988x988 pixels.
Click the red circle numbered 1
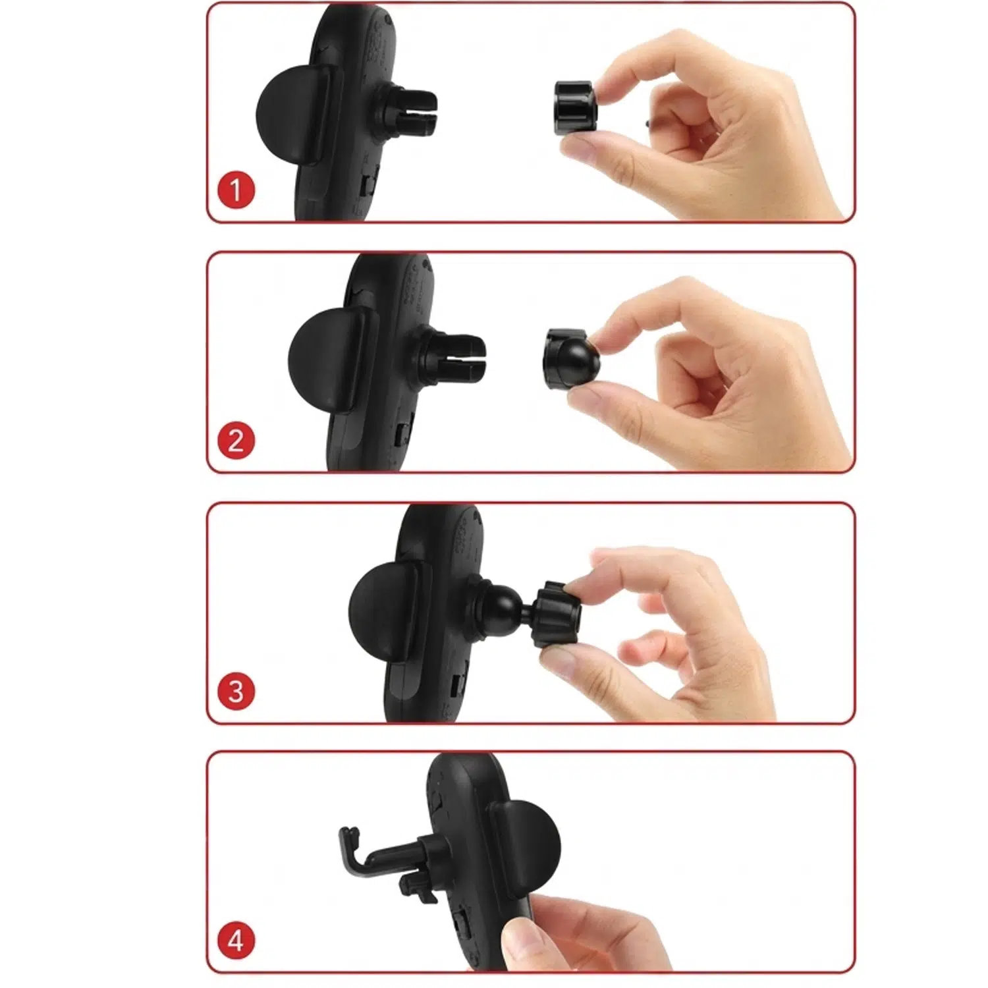tap(236, 190)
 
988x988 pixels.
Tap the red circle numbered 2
tap(236, 441)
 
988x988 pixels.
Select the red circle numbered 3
tap(236, 691)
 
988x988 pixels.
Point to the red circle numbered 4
tap(236, 942)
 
